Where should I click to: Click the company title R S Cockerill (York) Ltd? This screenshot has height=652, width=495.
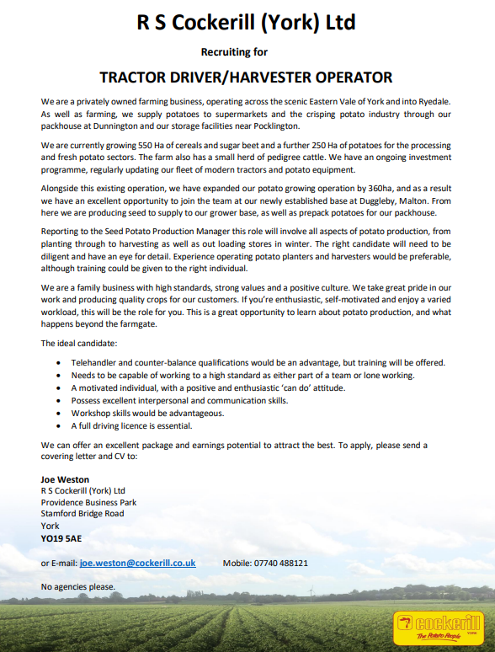click(247, 23)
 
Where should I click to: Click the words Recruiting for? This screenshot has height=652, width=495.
click(247, 51)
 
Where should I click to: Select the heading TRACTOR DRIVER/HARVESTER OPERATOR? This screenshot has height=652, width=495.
click(247, 77)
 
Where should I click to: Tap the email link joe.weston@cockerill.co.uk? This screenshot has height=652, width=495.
click(137, 563)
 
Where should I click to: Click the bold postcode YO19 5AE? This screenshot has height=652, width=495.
click(61, 537)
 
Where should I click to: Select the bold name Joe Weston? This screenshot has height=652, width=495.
click(66, 479)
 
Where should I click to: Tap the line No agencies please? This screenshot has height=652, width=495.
click(78, 586)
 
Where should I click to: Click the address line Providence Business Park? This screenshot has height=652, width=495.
click(88, 502)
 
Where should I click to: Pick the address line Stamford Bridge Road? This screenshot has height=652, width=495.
click(82, 514)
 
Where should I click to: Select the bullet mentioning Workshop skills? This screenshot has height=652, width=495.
click(135, 414)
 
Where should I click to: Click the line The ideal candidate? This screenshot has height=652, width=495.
click(79, 344)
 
